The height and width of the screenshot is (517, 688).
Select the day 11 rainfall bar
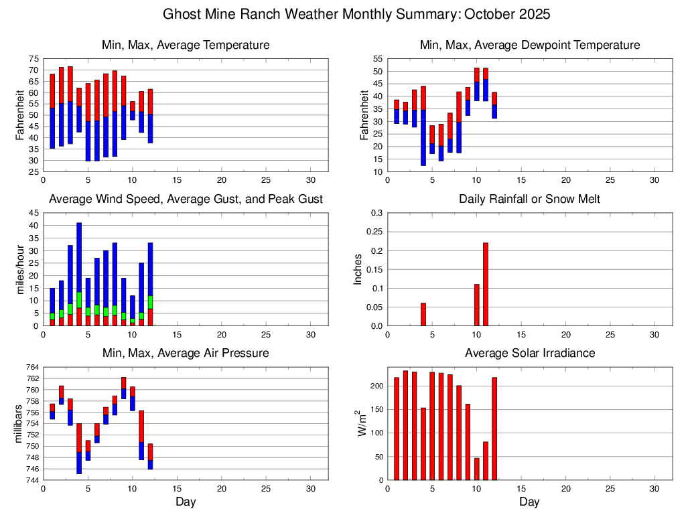tap(486, 284)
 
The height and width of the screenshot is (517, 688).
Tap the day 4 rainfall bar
tap(423, 314)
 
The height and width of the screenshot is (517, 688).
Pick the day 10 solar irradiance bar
tap(477, 469)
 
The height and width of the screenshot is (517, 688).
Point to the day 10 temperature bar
tap(133, 110)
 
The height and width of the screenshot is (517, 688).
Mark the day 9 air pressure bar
tap(124, 388)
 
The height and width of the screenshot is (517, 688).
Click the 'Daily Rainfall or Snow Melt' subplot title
tap(529, 199)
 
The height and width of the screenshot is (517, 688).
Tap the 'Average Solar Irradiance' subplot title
tap(529, 353)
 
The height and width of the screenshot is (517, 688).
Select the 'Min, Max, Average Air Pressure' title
tap(186, 353)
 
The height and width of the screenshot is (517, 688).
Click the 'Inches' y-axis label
tap(358, 269)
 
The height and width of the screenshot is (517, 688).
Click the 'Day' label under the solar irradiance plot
tap(529, 502)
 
